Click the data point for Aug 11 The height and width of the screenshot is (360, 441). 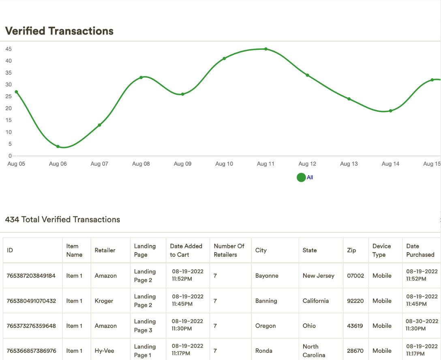tap(266, 49)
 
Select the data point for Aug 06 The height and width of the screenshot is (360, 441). tap(58, 147)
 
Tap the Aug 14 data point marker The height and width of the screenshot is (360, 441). tap(391, 111)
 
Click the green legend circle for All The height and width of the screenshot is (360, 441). tap(301, 177)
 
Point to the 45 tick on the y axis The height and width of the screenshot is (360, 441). tap(9, 49)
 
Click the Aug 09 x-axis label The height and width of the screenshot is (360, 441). tap(182, 164)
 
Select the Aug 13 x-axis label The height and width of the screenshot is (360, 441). tap(349, 164)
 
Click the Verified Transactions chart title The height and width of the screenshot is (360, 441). tap(59, 31)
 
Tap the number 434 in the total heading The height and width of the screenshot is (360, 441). tap(12, 219)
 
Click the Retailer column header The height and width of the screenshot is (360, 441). tap(105, 250)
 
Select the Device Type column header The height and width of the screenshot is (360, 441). tap(381, 250)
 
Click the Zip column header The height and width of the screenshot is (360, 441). tap(351, 250)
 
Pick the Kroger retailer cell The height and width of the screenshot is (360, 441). tap(104, 301)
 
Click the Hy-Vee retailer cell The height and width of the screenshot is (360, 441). tap(105, 351)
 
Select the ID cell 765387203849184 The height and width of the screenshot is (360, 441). tap(31, 276)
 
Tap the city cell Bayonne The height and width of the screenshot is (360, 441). tap(267, 276)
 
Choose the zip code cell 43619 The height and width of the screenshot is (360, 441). tap(355, 326)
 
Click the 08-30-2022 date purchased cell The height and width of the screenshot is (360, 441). tap(422, 325)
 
